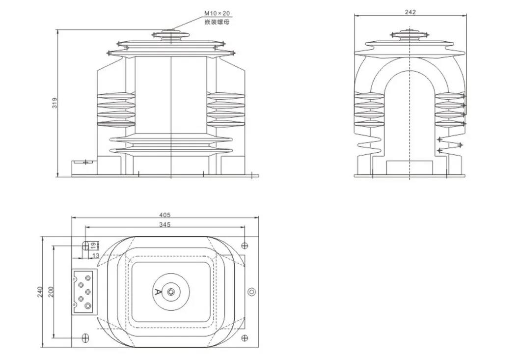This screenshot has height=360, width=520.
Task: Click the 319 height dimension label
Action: click(55, 103)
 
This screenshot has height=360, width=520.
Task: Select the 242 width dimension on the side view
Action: click(411, 13)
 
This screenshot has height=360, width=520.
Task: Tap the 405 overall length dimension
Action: click(164, 215)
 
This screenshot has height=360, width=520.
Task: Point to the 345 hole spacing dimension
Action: click(164, 225)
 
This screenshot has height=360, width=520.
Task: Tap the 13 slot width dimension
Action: click(95, 255)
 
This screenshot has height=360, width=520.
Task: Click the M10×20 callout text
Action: click(217, 13)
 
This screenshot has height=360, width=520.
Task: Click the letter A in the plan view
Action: click(158, 292)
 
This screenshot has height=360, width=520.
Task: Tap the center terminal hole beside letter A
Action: click(171, 292)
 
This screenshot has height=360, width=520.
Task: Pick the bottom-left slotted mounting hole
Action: click(85, 338)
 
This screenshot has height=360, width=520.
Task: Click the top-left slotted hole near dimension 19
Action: click(85, 245)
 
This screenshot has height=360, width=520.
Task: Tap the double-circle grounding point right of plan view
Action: click(251, 292)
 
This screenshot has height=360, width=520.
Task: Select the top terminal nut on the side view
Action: click(410, 33)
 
